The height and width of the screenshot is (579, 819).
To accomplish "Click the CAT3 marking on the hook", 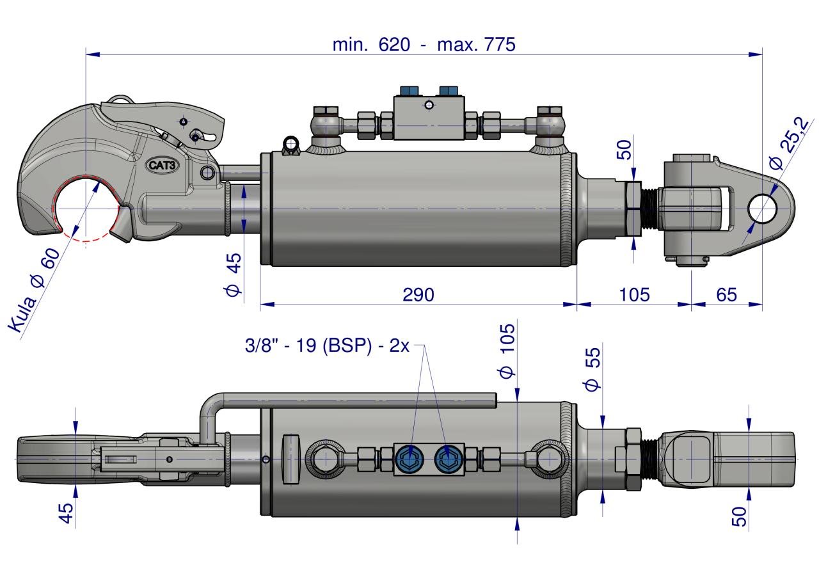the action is click(x=163, y=165).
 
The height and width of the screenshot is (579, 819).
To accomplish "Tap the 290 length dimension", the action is click(x=418, y=294).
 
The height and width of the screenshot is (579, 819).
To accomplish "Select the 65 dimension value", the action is click(x=726, y=294).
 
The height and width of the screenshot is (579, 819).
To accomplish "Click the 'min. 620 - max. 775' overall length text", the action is click(x=424, y=45).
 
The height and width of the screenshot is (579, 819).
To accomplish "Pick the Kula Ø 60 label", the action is click(x=34, y=290).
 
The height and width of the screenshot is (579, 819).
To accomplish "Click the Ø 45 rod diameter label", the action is click(x=233, y=274).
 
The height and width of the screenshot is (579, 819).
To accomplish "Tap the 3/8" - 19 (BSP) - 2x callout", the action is click(x=327, y=345).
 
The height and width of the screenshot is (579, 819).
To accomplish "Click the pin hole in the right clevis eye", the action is click(x=762, y=209).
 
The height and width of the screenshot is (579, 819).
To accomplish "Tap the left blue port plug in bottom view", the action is click(x=410, y=459).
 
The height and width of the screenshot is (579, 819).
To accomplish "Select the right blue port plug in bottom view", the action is click(x=449, y=459).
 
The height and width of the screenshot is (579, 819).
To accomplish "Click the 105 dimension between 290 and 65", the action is click(x=634, y=294).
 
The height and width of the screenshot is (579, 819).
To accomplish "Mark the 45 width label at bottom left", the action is click(x=66, y=513).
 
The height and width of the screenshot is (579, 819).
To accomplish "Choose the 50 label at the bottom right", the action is click(x=739, y=516).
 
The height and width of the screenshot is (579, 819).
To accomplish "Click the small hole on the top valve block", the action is click(x=429, y=106).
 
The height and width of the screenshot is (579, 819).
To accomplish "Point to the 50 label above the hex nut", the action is click(x=624, y=150).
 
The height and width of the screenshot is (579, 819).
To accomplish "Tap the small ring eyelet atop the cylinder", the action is click(x=291, y=144).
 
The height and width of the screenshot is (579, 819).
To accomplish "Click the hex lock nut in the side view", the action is click(x=633, y=209).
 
